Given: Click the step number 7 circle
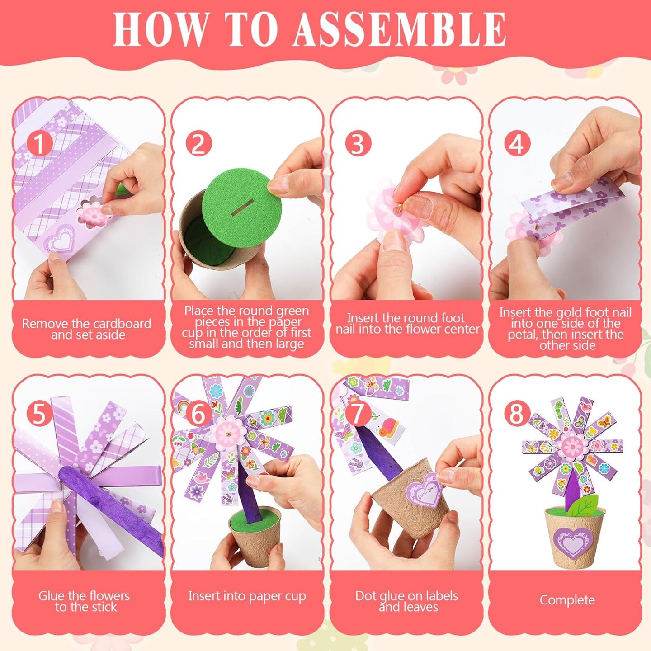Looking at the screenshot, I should coord(358,413).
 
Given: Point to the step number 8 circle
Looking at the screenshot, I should coord(517,413).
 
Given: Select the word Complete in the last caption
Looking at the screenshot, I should coord(567,600).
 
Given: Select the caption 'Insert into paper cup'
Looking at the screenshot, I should coord(247,596).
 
